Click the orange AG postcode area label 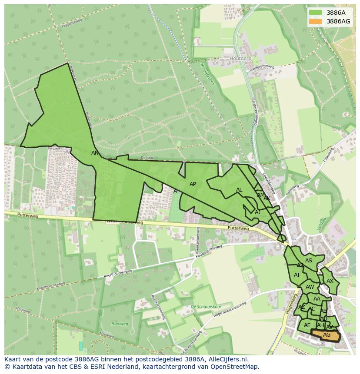(327, 335)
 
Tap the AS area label (309, 261)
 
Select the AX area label (330, 281)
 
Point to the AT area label (297, 275)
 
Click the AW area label (310, 287)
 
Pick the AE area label (307, 325)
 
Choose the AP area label (193, 184)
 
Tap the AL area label (239, 190)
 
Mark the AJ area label (257, 212)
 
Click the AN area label (95, 153)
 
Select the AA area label (317, 299)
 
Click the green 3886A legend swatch (316, 13)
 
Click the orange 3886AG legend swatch (316, 21)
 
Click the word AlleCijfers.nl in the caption (227, 359)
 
